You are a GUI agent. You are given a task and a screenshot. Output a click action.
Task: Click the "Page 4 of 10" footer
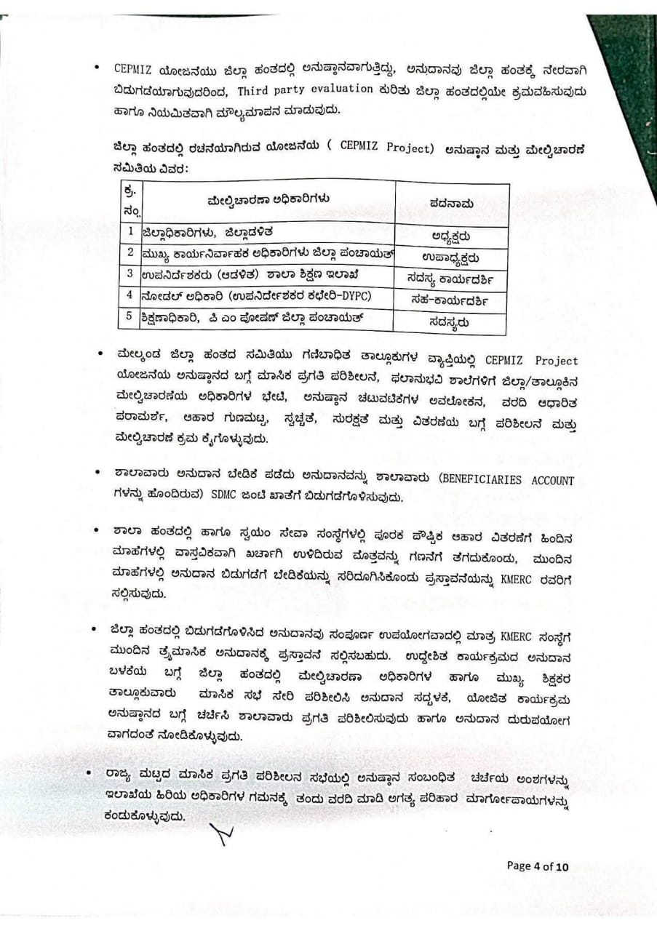[x=538, y=866]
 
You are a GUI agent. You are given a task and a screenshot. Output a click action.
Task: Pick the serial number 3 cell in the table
[x=130, y=274]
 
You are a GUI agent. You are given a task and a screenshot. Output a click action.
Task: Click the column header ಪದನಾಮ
[x=452, y=204]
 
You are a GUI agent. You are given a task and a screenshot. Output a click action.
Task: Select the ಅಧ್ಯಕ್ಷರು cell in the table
[x=451, y=235]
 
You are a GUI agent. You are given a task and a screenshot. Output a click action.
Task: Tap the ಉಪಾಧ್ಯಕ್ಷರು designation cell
[x=451, y=257]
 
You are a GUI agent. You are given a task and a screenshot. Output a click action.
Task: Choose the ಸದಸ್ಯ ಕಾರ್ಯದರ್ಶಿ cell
[x=451, y=277]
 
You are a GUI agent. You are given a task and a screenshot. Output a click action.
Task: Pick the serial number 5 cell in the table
[x=130, y=316]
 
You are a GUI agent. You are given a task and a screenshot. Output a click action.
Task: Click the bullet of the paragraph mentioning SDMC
[x=97, y=473]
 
